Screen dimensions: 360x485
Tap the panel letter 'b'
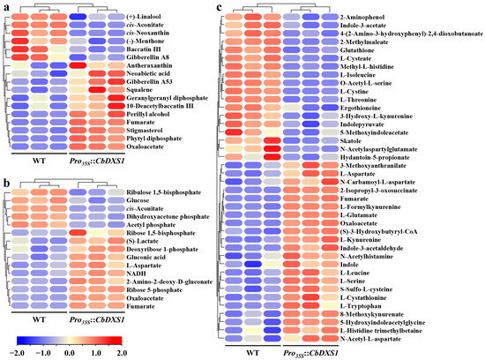click(x=4, y=179)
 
